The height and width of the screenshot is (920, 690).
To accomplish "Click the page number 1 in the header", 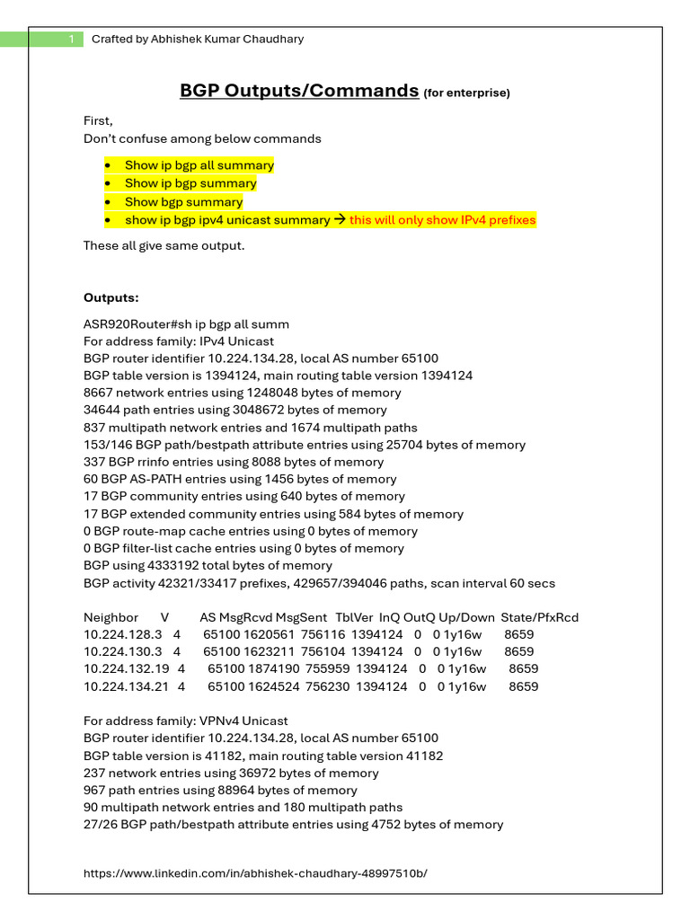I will [x=70, y=39].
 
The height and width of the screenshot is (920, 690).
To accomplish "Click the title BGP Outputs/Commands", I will [x=299, y=91].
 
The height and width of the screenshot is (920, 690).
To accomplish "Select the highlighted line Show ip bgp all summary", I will [x=199, y=165].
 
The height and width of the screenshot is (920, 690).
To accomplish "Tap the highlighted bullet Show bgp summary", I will [x=183, y=202].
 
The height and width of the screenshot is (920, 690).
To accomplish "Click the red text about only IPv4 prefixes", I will [x=442, y=220].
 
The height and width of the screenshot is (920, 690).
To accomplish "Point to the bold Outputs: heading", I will [x=111, y=297].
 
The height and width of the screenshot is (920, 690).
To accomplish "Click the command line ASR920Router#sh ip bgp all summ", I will [x=186, y=324].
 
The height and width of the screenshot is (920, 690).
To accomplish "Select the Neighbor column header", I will [x=111, y=617].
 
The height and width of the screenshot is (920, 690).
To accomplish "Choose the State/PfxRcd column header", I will [x=540, y=617].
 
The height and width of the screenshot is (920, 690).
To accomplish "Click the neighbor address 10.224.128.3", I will [x=123, y=634].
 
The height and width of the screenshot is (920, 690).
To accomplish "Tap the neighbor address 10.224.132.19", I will [x=127, y=669].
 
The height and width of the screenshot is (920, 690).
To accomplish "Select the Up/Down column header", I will [x=467, y=617].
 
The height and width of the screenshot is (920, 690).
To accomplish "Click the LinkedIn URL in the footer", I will [x=255, y=873].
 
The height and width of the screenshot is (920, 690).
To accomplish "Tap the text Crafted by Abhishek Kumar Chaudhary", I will [x=198, y=39].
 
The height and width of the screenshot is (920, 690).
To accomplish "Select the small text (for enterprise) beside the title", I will [x=466, y=93].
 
